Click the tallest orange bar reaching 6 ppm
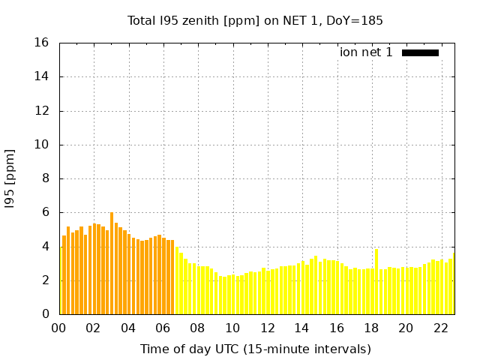click(x=112, y=263)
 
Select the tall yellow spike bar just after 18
click(x=376, y=282)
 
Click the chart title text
click(x=255, y=21)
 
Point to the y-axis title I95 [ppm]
click(x=10, y=179)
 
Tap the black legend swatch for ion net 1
click(x=420, y=52)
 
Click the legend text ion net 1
click(x=366, y=52)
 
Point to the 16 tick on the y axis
click(x=41, y=43)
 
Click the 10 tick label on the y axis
click(x=41, y=145)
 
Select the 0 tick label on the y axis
click(x=46, y=313)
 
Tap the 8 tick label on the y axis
click(x=46, y=178)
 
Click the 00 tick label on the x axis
click(x=58, y=328)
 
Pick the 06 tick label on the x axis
click(x=163, y=328)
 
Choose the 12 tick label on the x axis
click(x=268, y=328)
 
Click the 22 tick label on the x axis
click(x=441, y=328)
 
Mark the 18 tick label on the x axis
click(x=372, y=328)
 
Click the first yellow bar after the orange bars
click(x=177, y=280)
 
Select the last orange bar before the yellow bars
click(x=172, y=277)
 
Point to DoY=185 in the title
click(x=355, y=21)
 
